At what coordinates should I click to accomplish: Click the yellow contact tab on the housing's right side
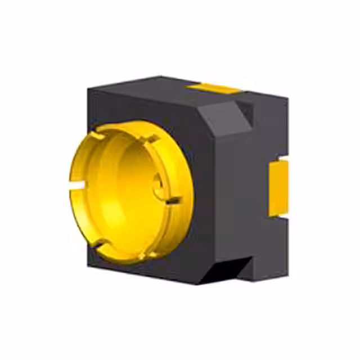coord(278,187)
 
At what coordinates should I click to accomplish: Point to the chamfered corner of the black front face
coord(222,121)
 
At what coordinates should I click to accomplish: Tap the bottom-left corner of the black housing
coord(90,262)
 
